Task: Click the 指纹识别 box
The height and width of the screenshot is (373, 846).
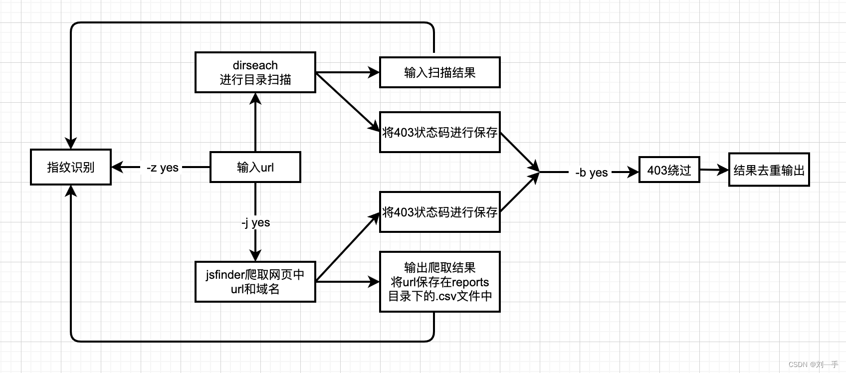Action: [x=70, y=167]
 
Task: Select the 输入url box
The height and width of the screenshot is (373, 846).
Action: [x=255, y=167]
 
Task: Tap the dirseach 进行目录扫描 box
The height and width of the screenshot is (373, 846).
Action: [x=255, y=72]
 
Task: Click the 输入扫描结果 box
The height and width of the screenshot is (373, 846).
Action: [x=439, y=72]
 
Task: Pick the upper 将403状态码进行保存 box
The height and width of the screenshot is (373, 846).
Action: [x=439, y=132]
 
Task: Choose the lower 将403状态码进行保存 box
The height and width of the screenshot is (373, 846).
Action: [x=439, y=212]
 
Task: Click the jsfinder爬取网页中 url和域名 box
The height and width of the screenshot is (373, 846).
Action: [x=255, y=282]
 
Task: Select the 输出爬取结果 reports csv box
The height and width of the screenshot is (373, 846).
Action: [x=439, y=282]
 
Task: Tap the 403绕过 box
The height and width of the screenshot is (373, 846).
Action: [x=669, y=170]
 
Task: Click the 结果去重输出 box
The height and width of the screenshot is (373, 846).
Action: [x=769, y=170]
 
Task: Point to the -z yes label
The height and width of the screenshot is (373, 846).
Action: [x=163, y=168]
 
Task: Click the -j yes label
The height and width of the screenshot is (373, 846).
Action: [x=255, y=222]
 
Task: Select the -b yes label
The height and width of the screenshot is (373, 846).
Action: [x=591, y=173]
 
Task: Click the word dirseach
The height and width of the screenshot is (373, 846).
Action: [x=255, y=65]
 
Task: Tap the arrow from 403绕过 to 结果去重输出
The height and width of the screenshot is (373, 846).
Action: [x=714, y=170]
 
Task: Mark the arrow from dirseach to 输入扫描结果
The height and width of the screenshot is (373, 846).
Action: [x=347, y=72]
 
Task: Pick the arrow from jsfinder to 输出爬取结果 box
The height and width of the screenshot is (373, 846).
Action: [x=347, y=282]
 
